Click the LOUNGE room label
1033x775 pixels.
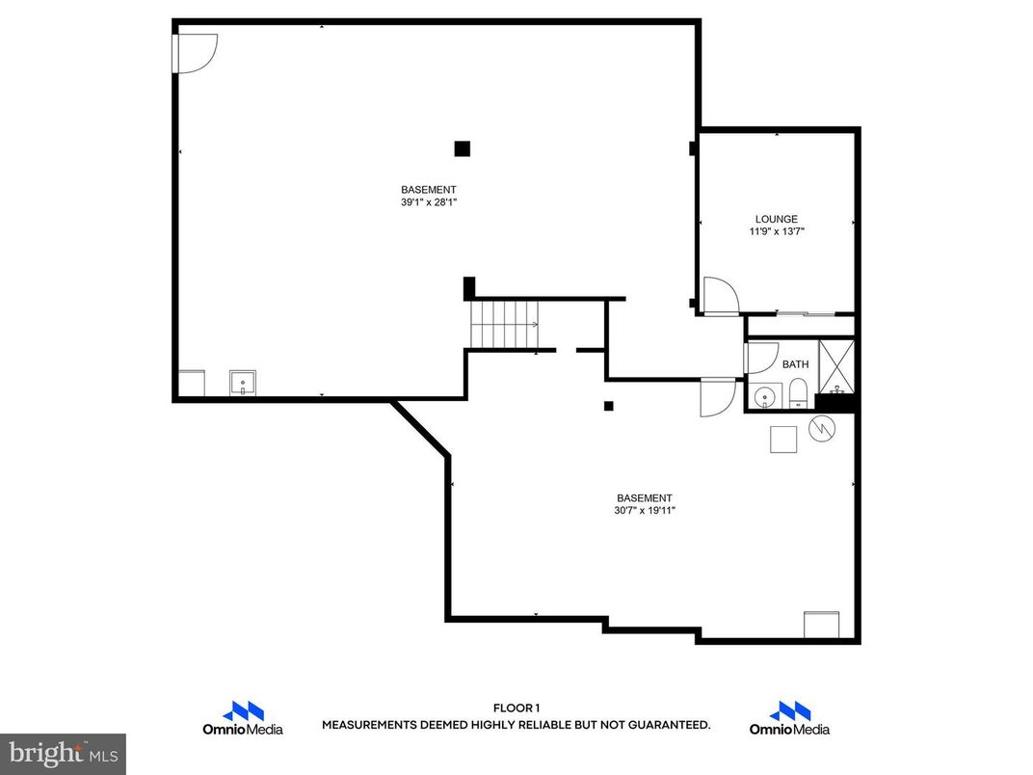coord(776,219)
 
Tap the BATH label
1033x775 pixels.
coord(795,364)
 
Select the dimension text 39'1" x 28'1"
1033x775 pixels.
coord(429,202)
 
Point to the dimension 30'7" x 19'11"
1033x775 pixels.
coord(645,511)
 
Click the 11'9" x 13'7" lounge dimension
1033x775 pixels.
coord(776,231)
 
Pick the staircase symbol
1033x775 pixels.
coord(505,324)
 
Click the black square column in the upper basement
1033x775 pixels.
coord(463,148)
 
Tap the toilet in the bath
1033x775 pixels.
coord(798,392)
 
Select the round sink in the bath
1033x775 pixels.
coord(767,395)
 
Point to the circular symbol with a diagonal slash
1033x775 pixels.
coord(821,430)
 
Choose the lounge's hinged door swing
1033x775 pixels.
coord(719,295)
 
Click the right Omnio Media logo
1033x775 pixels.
coord(789,718)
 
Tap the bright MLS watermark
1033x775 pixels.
coord(62,752)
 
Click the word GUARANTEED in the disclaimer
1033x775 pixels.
coord(666,724)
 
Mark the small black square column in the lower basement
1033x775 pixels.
coord(608,406)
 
